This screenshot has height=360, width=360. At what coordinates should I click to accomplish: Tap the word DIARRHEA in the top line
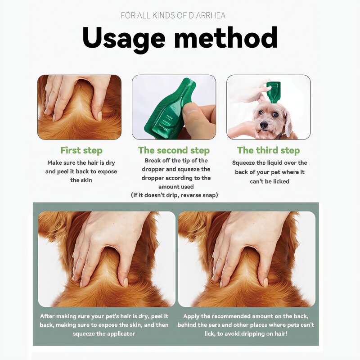click(x=206, y=16)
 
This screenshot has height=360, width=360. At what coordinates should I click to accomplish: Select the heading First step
click(x=81, y=150)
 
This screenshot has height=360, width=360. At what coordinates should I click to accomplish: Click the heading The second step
click(x=174, y=150)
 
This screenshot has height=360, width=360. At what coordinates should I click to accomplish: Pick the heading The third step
click(x=268, y=150)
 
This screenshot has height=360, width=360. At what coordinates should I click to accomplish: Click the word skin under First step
click(x=87, y=180)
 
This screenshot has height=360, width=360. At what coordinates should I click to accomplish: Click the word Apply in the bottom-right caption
click(x=193, y=316)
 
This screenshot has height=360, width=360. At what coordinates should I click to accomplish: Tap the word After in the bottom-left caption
click(x=48, y=316)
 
